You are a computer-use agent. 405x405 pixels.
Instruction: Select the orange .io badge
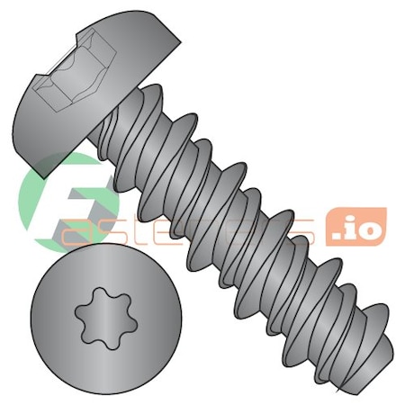357,226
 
